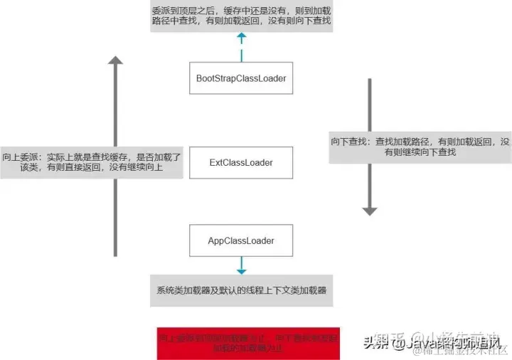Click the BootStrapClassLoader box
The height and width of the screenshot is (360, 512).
click(241, 78)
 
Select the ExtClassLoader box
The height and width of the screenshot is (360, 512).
click(241, 163)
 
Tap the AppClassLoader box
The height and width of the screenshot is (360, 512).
click(241, 240)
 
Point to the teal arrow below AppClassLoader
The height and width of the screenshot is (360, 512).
click(241, 267)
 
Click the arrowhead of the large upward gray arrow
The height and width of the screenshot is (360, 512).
click(115, 60)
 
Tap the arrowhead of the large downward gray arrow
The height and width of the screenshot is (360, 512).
click(369, 210)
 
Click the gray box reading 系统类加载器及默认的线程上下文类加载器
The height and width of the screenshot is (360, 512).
click(241, 292)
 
